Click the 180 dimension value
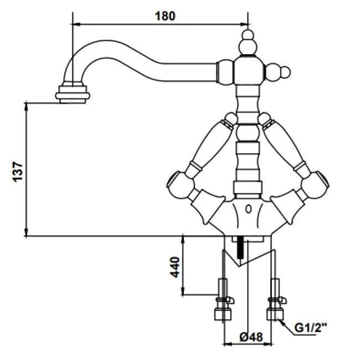click(x=165, y=16)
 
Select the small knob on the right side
click(x=282, y=71)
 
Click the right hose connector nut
click(x=275, y=313)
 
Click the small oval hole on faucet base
click(x=248, y=209)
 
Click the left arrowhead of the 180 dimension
click(x=76, y=24)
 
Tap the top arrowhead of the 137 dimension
click(x=27, y=105)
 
